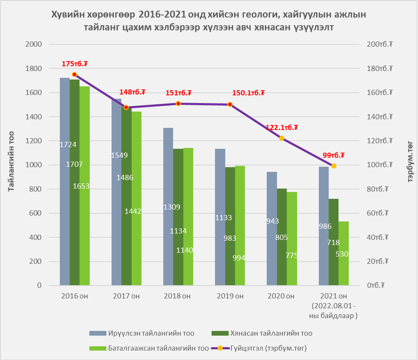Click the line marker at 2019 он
[x=230, y=104]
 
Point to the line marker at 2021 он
[x=334, y=166]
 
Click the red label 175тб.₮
[x=75, y=64]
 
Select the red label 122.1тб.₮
[x=282, y=127]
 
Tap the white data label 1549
[x=119, y=155]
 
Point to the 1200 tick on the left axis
[x=33, y=141]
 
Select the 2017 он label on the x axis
[x=126, y=296]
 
